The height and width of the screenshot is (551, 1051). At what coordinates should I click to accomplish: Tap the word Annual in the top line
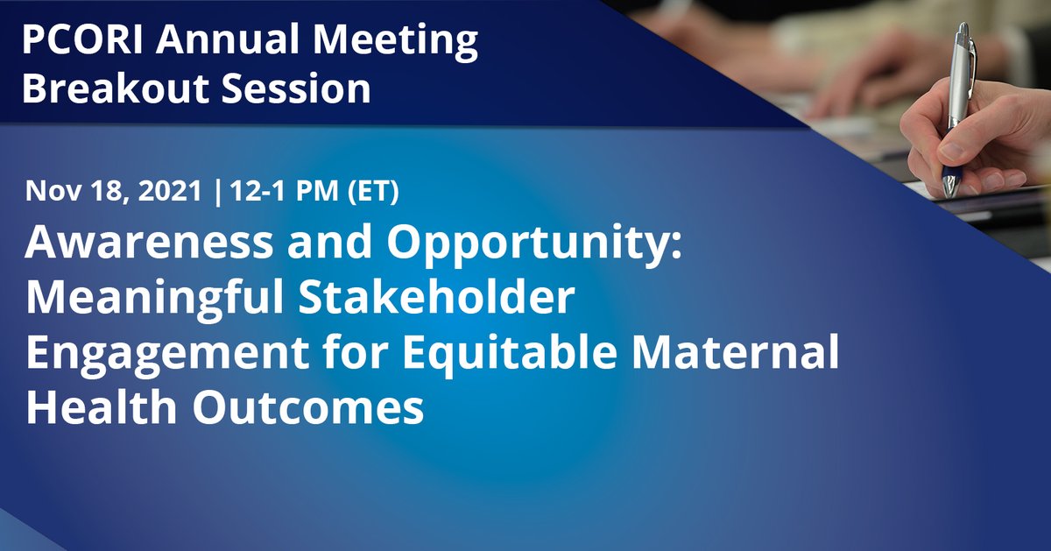pyautogui.click(x=227, y=39)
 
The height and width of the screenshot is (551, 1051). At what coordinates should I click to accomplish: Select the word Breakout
pyautogui.click(x=115, y=88)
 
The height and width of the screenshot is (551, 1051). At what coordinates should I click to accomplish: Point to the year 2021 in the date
pyautogui.click(x=170, y=191)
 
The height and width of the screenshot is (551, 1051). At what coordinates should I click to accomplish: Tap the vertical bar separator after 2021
pyautogui.click(x=217, y=191)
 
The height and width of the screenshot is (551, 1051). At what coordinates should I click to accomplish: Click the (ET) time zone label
pyautogui.click(x=373, y=191)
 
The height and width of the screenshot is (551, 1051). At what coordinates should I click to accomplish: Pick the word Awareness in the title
pyautogui.click(x=149, y=242)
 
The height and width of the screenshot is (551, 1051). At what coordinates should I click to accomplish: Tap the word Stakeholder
pyautogui.click(x=436, y=297)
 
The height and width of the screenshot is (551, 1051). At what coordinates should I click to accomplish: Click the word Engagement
pyautogui.click(x=167, y=354)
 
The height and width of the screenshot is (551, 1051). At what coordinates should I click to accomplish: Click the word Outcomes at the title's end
pyautogui.click(x=308, y=406)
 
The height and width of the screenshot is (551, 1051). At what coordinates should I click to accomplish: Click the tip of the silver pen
pyautogui.click(x=949, y=194)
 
